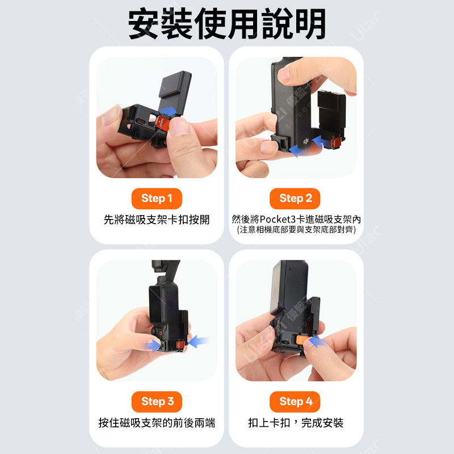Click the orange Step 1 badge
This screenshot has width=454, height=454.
tap(157, 199)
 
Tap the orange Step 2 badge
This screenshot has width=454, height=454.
tap(295, 199)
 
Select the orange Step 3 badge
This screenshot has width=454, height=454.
tap(157, 402)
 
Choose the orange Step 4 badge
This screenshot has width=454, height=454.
tap(295, 402)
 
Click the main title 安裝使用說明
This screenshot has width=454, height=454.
tap(227, 24)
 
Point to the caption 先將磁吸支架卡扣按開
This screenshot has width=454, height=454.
tap(157, 220)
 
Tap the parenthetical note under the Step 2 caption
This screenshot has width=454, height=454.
tap(296, 230)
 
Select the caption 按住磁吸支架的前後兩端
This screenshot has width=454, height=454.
tap(157, 423)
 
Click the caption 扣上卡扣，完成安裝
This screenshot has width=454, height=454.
tap(296, 423)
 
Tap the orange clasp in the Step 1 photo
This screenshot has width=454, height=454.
tap(162, 123)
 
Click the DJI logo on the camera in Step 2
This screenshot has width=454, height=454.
tap(306, 141)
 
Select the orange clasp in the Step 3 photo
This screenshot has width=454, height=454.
tap(180, 344)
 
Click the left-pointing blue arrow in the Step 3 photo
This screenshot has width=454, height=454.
tap(199, 342)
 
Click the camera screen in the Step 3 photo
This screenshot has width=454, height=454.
tap(156, 305)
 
